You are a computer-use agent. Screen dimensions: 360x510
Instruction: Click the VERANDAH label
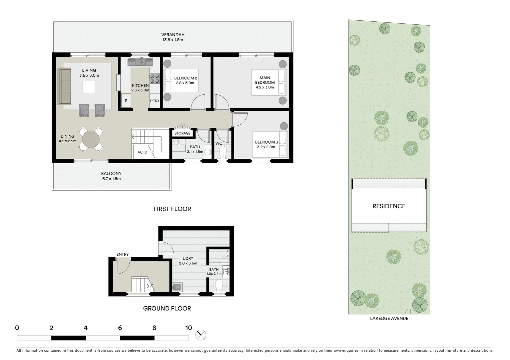[172, 35]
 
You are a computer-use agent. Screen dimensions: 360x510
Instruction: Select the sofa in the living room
[64, 86]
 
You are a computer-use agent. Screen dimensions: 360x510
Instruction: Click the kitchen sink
[140, 62]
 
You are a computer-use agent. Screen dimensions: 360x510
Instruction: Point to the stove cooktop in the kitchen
[154, 78]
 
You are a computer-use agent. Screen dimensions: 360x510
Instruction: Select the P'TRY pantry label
[154, 101]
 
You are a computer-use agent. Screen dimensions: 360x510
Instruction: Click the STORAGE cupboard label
[182, 133]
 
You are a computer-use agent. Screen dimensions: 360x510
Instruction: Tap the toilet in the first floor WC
[223, 153]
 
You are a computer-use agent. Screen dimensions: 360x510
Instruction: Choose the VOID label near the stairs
[142, 152]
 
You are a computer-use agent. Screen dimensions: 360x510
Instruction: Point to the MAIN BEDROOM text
[265, 80]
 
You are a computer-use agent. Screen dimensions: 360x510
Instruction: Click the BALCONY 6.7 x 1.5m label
[111, 176]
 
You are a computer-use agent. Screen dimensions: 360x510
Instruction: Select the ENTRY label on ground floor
[122, 254]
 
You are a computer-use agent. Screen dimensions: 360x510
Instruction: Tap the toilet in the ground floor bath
[219, 285]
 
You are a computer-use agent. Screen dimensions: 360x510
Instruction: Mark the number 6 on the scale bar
[120, 328]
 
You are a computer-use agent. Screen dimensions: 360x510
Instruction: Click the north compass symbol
[201, 335]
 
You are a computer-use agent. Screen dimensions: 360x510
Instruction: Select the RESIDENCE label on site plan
[389, 206]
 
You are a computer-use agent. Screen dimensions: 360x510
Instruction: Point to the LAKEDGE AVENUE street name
[389, 318]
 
